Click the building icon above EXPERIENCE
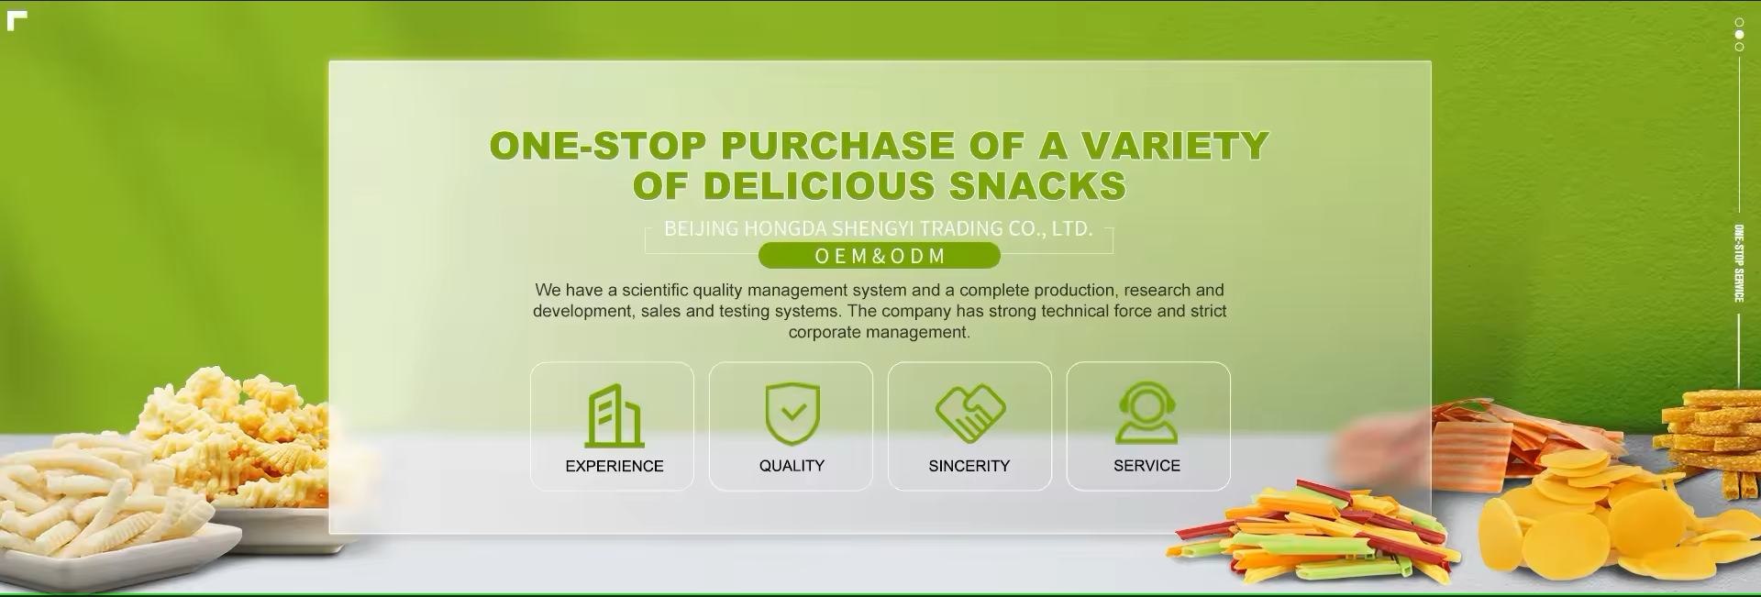coord(614,415)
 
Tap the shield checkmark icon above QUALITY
coord(792,414)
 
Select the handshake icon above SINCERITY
coord(969,414)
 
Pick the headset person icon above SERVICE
coord(1146,414)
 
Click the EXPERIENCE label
coord(614,466)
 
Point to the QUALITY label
coord(792,466)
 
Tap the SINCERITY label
coord(969,466)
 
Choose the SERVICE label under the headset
coord(1146,466)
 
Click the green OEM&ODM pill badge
coord(879,256)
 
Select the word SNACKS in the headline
coord(1037,186)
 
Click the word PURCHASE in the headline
coord(838,146)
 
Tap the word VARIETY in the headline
coord(1174,146)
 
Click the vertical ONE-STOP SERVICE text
coord(1738,263)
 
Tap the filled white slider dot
coord(1739,34)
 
